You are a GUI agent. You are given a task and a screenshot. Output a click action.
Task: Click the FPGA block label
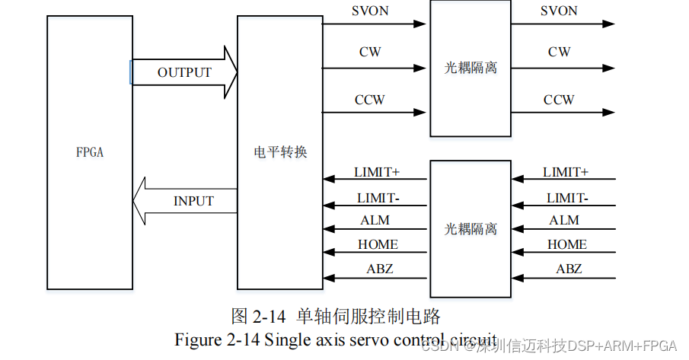coord(90,152)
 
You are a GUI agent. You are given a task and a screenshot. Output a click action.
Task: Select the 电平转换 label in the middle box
coord(280,152)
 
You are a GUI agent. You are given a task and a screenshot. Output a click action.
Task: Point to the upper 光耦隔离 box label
coord(470,68)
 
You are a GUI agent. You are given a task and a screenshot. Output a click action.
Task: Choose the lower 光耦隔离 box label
coord(470,228)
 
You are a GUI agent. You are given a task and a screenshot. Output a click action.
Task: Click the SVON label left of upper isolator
coord(370,11)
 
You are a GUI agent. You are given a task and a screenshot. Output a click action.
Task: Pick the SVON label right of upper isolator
coord(559,11)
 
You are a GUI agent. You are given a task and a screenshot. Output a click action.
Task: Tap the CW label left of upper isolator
coord(370,53)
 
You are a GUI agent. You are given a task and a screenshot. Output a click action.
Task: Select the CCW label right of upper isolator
coord(559,100)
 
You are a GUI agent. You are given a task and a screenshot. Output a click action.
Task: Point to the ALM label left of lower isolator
coord(375,220)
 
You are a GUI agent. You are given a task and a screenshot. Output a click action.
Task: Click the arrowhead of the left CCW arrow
coord(420,113)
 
